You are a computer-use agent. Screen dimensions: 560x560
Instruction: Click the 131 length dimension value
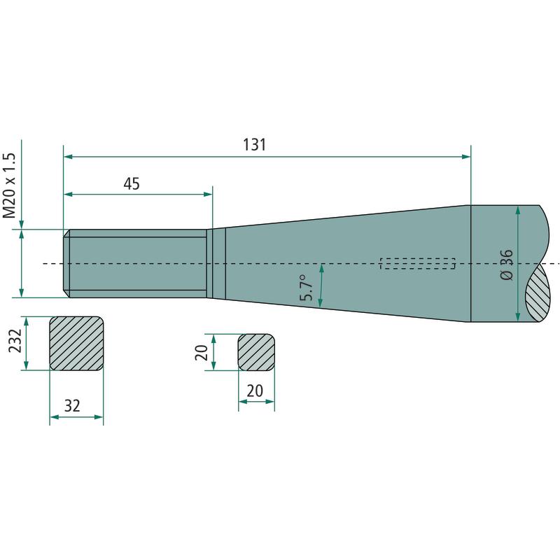(254, 145)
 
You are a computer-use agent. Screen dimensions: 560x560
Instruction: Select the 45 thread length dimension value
(132, 184)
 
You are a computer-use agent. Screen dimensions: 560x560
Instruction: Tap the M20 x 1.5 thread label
(10, 185)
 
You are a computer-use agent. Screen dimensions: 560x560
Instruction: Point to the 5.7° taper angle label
(306, 288)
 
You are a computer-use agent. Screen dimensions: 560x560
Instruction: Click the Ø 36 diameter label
(506, 265)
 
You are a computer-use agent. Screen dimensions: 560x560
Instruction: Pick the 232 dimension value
(15, 340)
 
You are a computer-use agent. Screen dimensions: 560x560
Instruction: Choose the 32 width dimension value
(72, 406)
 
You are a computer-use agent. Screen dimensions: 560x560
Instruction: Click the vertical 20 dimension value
(202, 352)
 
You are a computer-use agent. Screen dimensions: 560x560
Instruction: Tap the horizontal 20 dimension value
(255, 391)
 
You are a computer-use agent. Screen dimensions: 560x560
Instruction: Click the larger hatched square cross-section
(76, 343)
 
